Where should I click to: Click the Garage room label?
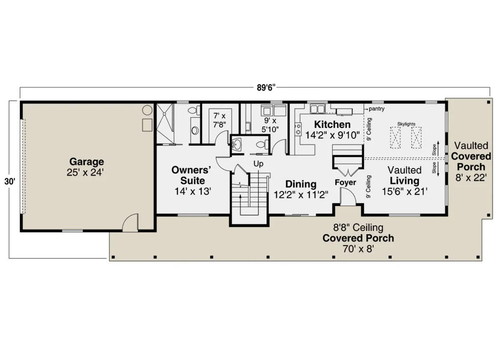pos(86,162)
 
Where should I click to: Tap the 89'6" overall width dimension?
pos(266,88)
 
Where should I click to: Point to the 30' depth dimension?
pos(10,181)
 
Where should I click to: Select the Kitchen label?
pos(332,124)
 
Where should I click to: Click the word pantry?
pos(377,109)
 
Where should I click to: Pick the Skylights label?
pos(406,124)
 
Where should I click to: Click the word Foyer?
pos(345,183)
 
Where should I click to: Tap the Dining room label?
pos(301,184)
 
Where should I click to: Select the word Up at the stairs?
pos(258,164)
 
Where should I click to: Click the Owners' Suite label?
pos(192,175)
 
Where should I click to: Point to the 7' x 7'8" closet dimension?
pos(220,120)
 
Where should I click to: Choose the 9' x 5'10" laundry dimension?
pos(270,125)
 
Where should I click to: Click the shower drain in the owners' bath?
pos(164,114)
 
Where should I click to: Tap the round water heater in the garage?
pos(147,110)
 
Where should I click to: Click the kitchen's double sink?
pos(317,109)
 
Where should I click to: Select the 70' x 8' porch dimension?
pos(358,249)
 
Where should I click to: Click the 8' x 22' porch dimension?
pos(471,177)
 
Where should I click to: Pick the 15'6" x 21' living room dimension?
pos(405,192)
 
